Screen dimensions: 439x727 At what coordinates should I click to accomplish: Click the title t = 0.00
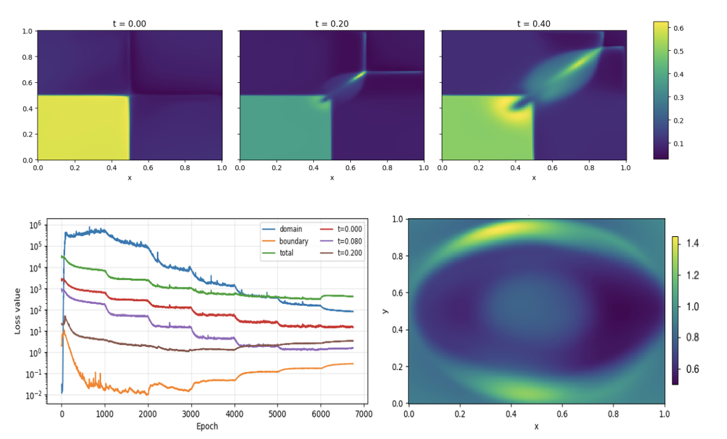(x=130, y=24)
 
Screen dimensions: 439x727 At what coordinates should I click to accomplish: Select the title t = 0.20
(x=332, y=24)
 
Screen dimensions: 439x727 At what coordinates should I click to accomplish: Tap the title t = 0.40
(x=534, y=24)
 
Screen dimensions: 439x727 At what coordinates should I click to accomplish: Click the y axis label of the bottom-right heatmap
(x=387, y=311)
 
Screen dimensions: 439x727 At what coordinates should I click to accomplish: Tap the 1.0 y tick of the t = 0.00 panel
(x=27, y=31)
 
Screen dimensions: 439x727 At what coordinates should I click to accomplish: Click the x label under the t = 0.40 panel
(x=534, y=178)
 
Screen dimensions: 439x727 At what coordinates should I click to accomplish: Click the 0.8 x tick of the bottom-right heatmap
(x=613, y=413)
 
